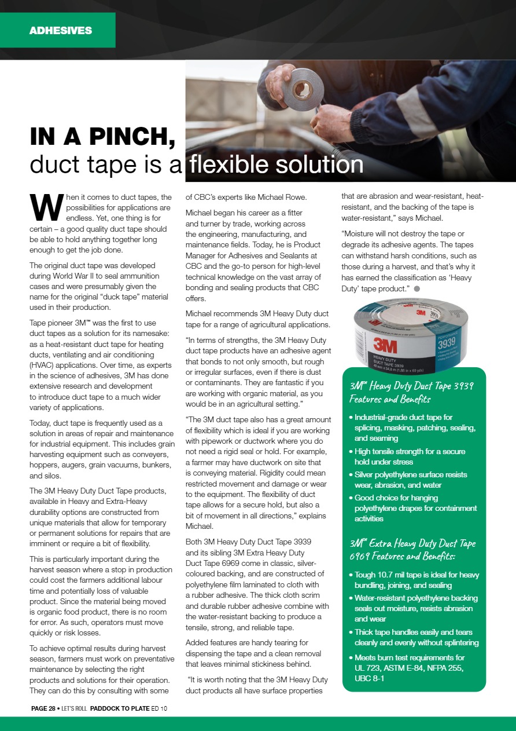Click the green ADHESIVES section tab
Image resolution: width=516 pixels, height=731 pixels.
click(x=60, y=30)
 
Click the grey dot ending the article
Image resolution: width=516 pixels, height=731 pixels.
click(x=416, y=288)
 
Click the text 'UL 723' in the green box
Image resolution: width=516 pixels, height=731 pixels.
click(x=368, y=668)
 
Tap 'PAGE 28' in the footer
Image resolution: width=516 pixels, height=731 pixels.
click(x=43, y=708)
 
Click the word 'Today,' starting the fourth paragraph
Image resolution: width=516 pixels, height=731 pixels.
click(x=42, y=423)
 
